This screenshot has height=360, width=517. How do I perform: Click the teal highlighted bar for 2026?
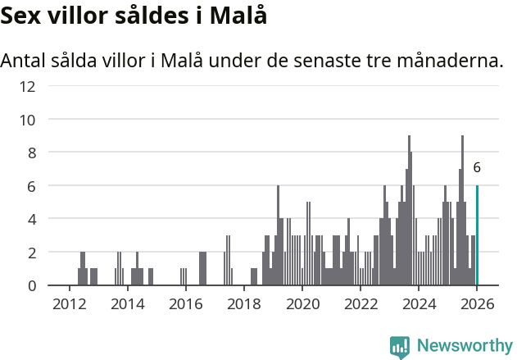(x=477, y=236)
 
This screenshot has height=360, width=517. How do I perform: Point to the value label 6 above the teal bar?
(x=477, y=167)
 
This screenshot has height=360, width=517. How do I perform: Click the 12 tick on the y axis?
(x=27, y=86)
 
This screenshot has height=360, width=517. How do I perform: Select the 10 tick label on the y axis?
(x=27, y=120)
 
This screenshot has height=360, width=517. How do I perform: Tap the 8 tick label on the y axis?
(x=31, y=153)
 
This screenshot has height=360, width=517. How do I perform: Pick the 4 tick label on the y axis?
(x=31, y=219)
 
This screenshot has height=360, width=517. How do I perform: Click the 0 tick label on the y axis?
(x=31, y=285)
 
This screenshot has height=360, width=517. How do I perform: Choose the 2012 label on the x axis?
(x=69, y=304)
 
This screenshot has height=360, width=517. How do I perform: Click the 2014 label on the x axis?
(x=127, y=304)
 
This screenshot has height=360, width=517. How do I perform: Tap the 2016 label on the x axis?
(x=185, y=304)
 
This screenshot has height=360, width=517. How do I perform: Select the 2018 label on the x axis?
(x=243, y=304)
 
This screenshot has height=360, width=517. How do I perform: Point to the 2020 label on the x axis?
(x=302, y=304)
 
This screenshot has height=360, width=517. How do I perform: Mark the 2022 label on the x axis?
(x=360, y=304)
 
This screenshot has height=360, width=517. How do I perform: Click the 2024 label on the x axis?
(x=418, y=304)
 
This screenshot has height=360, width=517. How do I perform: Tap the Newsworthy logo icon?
(x=400, y=347)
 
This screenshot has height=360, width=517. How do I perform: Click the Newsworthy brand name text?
(x=465, y=347)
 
